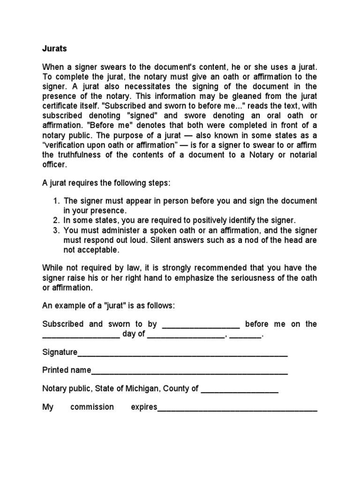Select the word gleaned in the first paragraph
(x=243, y=97)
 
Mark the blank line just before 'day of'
(x=81, y=336)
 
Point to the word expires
(x=144, y=407)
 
